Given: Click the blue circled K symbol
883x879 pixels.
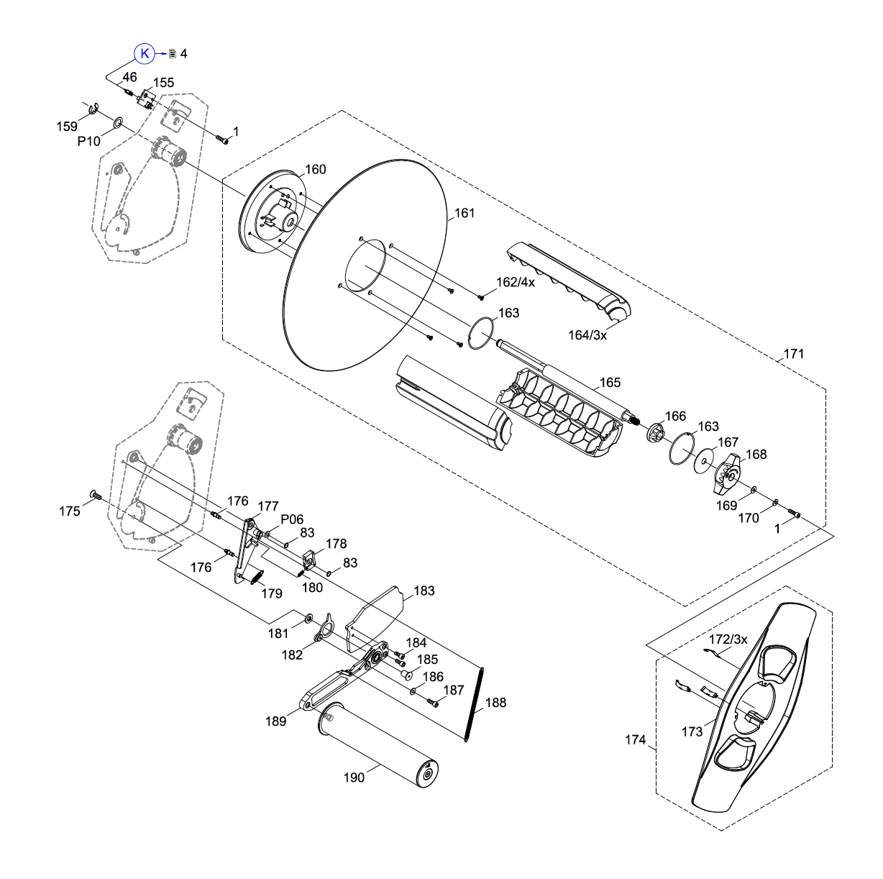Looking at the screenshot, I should pos(145,53).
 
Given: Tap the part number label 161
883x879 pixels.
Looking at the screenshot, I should pos(465,213).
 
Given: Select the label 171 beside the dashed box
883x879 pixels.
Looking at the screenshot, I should pos(794,354).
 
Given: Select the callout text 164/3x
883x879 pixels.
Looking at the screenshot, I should pos(587,335).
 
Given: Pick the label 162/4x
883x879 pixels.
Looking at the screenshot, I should pos(516,282).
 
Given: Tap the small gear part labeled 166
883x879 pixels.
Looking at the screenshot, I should pos(654,434).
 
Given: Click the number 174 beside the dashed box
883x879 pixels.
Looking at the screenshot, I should pos(635,739).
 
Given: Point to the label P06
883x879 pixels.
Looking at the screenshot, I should pos(292,519).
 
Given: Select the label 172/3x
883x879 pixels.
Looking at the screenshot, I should pos(728,639).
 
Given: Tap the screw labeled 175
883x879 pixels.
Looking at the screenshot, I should pos(94,494).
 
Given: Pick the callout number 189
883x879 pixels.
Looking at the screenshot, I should pos(276,721).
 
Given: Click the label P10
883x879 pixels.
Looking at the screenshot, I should pos(89,141).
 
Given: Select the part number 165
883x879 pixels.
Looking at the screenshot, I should pos(610,383).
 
